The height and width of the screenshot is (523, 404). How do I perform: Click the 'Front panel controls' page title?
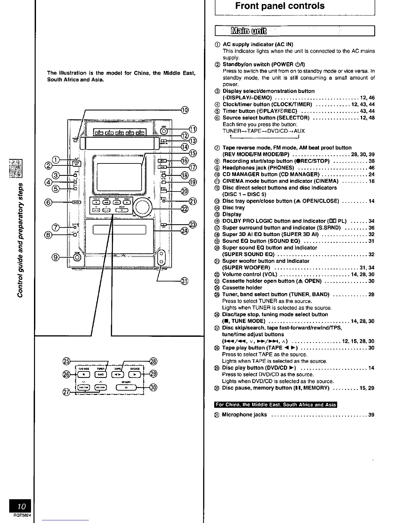[280, 6]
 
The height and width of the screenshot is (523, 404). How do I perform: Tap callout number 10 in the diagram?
[185, 110]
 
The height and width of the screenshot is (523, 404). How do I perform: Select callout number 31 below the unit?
[185, 281]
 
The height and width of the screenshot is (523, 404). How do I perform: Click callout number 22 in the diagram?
[185, 208]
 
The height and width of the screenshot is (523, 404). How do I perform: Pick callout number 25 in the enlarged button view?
[66, 361]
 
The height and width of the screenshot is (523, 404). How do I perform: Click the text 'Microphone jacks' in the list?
[244, 415]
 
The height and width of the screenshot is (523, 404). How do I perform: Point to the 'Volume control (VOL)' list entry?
[250, 274]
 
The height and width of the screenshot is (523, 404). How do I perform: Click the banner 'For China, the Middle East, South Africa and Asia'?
[276, 405]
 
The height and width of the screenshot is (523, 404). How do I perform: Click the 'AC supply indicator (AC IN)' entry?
[258, 44]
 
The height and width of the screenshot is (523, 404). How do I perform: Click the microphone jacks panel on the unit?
[161, 257]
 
